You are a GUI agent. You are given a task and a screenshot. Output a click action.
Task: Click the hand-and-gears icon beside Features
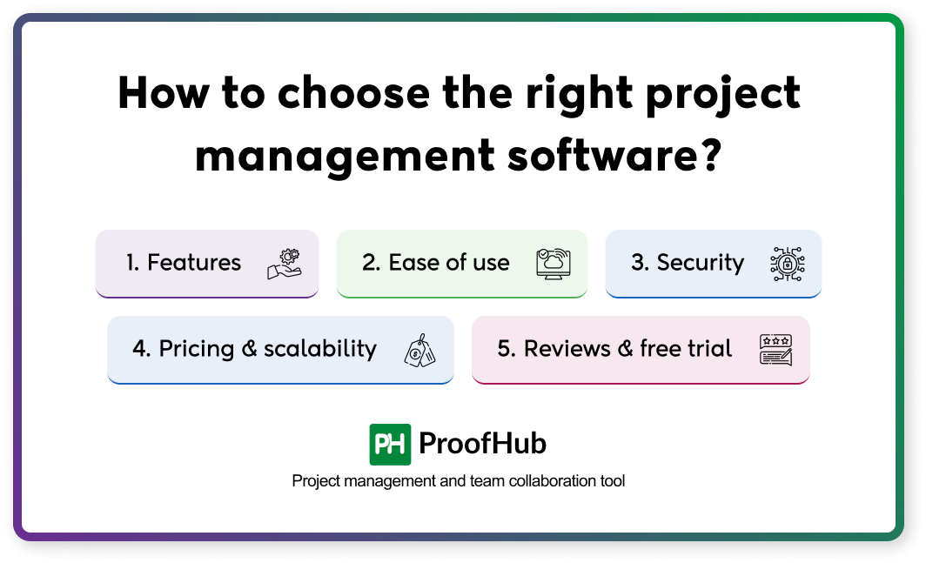pyautogui.click(x=284, y=263)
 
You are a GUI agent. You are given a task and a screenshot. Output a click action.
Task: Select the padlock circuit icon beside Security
pyautogui.click(x=788, y=263)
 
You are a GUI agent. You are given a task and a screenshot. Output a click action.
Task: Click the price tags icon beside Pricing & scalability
pyautogui.click(x=419, y=350)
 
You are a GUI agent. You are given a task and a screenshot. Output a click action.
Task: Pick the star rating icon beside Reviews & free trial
pyautogui.click(x=775, y=349)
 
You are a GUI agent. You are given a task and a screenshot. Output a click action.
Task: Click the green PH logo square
pyautogui.click(x=389, y=445)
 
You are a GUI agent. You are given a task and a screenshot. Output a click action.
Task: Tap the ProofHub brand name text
pyautogui.click(x=482, y=444)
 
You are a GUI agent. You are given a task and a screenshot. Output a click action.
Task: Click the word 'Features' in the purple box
pyautogui.click(x=194, y=263)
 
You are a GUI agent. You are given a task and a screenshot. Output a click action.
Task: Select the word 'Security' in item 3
pyautogui.click(x=700, y=263)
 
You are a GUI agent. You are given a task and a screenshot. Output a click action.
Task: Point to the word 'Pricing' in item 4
pyautogui.click(x=197, y=350)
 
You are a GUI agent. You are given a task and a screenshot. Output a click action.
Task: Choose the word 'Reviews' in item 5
pyautogui.click(x=567, y=349)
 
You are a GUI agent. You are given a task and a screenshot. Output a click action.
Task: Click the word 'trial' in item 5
pyautogui.click(x=710, y=349)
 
